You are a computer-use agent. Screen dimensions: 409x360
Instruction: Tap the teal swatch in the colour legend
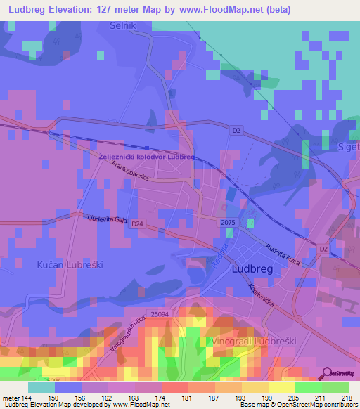41,387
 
